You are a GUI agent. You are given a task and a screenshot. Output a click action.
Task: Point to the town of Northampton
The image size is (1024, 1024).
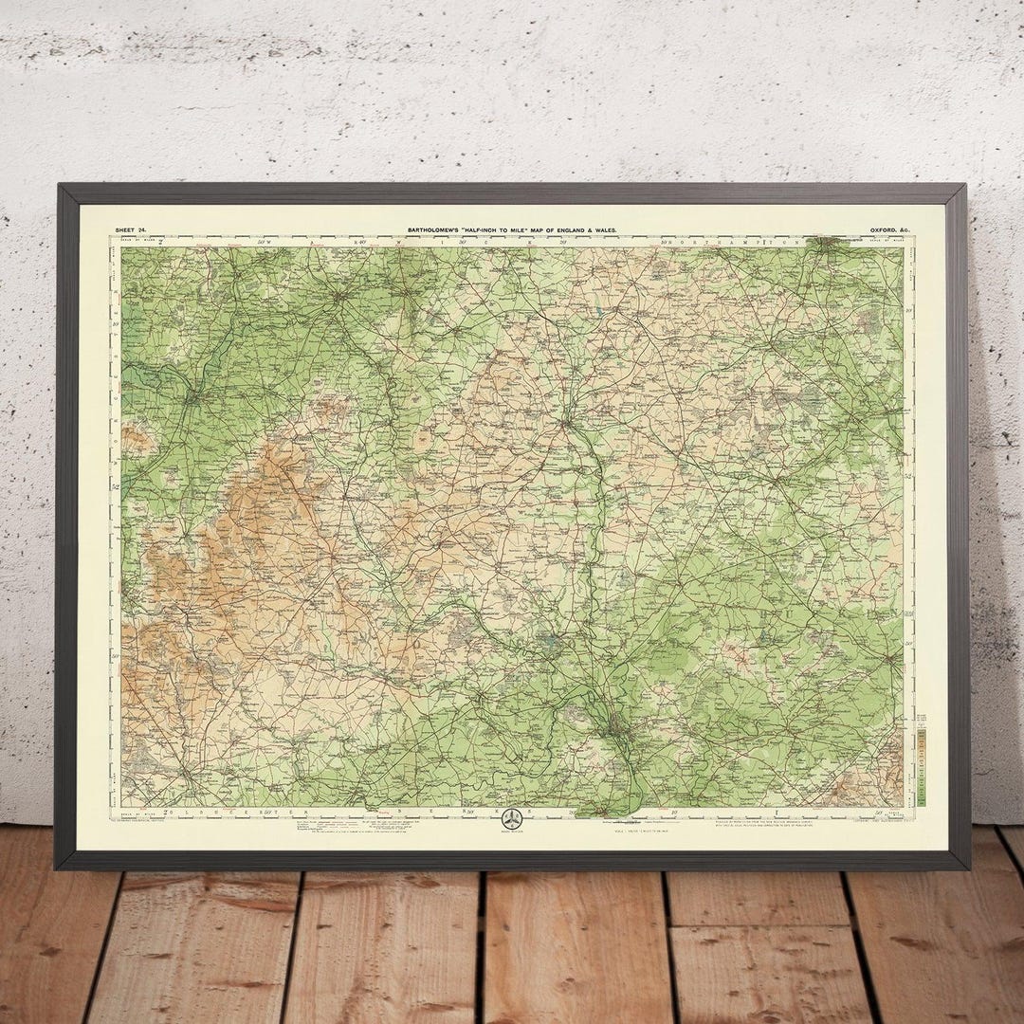(834, 244)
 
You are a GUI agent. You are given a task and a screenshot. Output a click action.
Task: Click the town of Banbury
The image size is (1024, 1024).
(569, 417)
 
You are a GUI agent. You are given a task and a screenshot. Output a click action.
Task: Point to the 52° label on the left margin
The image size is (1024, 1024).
(116, 487)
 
